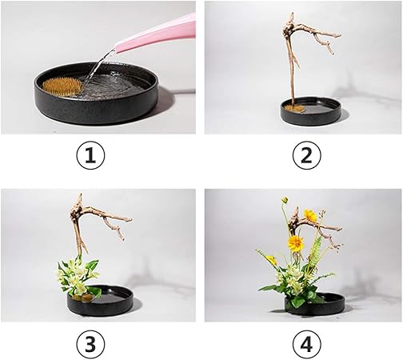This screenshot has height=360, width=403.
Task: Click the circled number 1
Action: (90, 155)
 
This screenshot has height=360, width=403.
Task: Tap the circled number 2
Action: (307, 155)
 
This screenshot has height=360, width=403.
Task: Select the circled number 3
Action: (90, 344)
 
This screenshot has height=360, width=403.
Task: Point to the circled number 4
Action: (307, 344)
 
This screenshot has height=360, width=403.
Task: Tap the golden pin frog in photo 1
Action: (62, 86)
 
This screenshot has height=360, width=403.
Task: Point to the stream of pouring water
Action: (98, 66)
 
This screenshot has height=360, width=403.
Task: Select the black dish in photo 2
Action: (311, 111)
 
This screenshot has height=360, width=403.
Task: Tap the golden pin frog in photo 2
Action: (294, 108)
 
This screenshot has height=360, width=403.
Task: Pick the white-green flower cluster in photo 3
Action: (78, 276)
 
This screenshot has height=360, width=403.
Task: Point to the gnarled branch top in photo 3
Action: (77, 210)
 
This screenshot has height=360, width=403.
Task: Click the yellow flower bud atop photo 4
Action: (285, 200)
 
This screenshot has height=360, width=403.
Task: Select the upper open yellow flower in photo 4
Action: (310, 215)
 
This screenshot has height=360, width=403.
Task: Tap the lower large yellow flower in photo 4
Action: (296, 243)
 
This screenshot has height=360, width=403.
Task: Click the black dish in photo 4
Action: (315, 303)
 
